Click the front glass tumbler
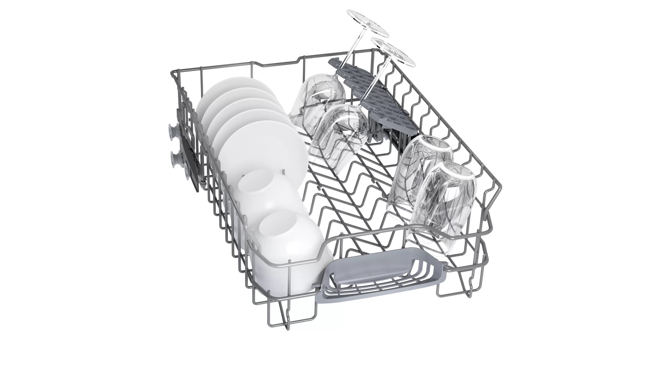(443, 203)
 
